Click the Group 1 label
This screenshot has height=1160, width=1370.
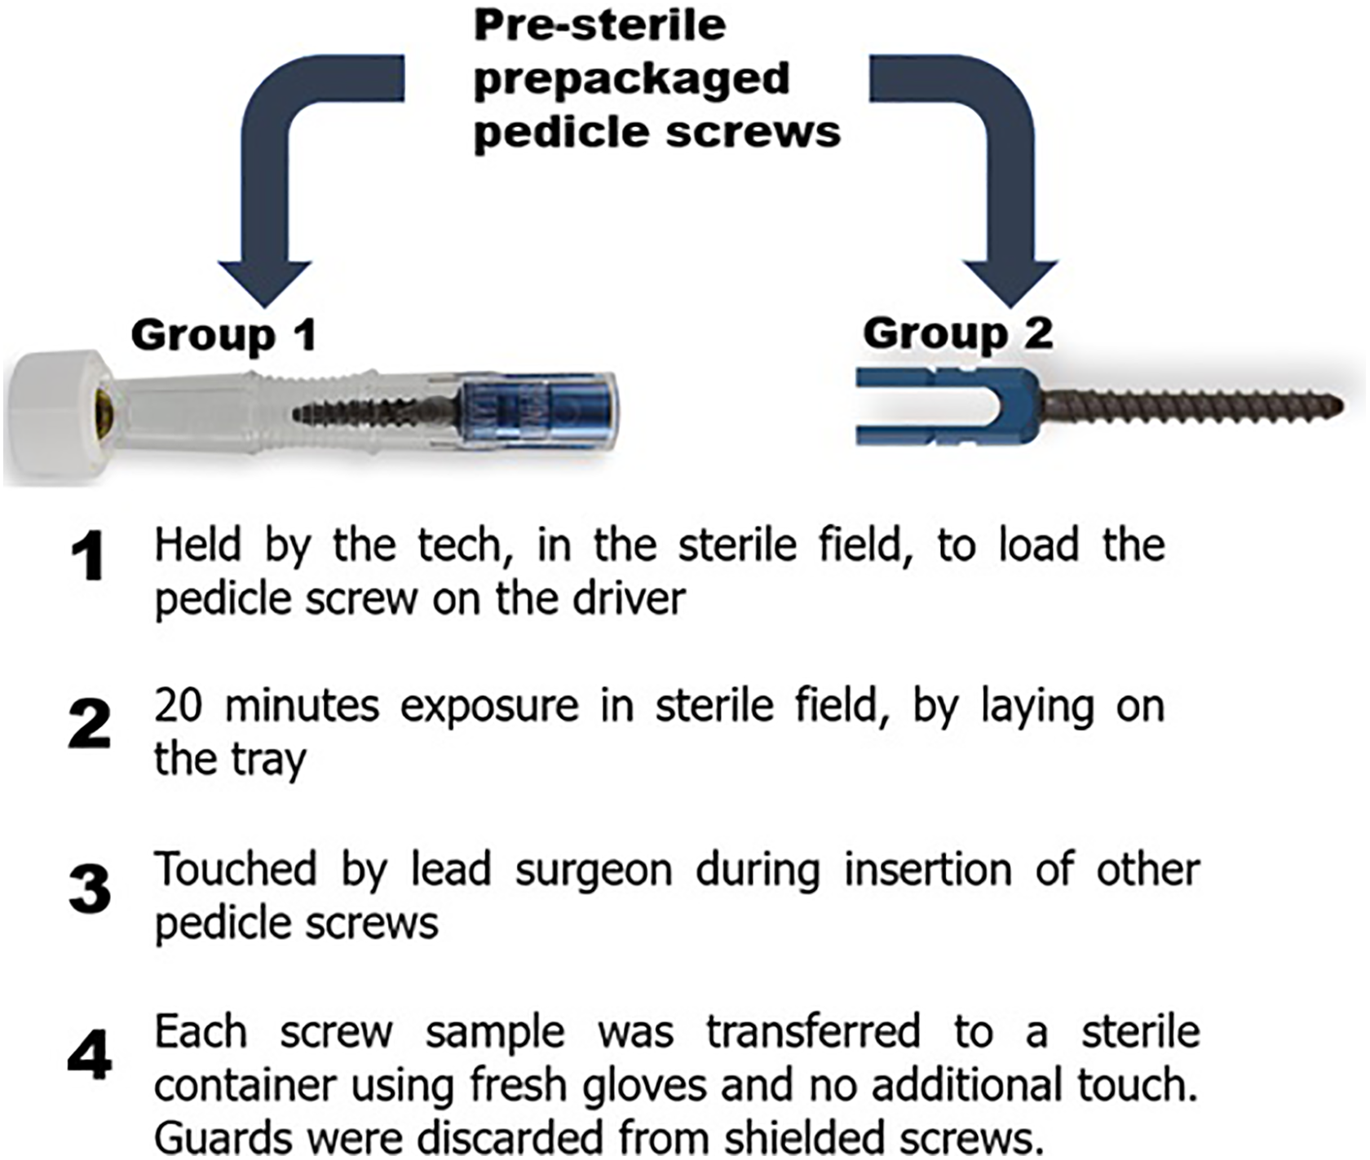click(x=223, y=335)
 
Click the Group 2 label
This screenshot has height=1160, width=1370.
click(x=958, y=333)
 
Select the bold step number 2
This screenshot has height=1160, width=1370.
click(x=90, y=723)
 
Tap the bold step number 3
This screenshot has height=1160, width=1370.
click(x=90, y=888)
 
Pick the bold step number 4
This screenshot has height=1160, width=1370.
click(x=90, y=1055)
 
